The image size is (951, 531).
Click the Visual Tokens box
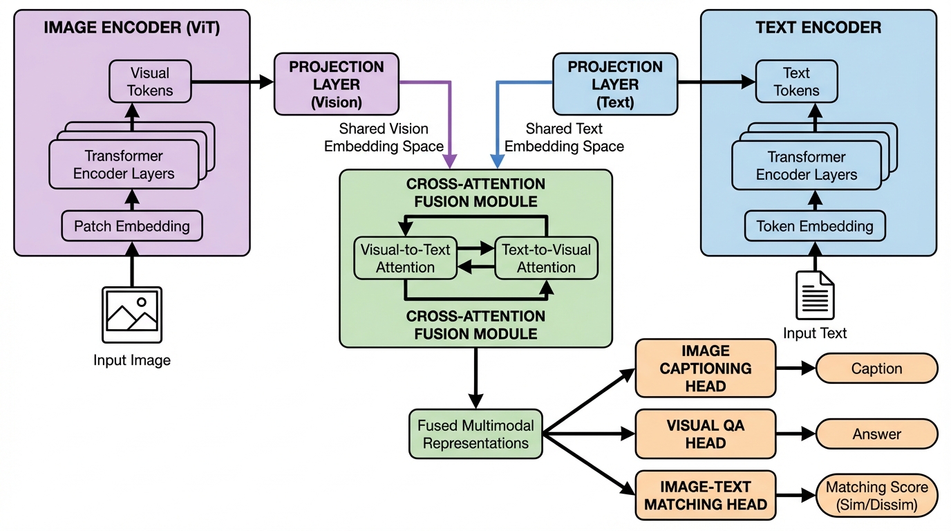coord(150,82)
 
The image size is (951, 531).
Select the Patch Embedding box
coord(132,226)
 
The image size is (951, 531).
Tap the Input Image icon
coord(132,315)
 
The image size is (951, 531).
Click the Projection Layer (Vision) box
coord(336,84)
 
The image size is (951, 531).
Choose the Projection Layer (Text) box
coord(614,84)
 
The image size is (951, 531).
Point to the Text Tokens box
coord(796,82)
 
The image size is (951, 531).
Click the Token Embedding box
coord(815,226)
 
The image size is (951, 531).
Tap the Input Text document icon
coord(815,295)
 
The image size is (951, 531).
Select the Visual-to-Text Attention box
coord(405,259)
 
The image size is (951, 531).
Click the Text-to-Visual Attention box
coord(546,259)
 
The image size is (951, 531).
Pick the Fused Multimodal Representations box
coord(475,434)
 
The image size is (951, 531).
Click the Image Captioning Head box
coord(705,368)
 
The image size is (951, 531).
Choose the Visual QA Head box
coord(705,434)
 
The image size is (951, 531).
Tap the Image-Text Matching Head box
coord(705,495)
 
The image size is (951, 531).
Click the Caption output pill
coord(876,369)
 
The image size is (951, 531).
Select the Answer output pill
coord(876,434)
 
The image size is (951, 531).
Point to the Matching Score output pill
coord(876,496)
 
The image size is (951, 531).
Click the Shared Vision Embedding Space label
coord(384,138)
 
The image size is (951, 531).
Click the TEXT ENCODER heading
coord(818,28)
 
